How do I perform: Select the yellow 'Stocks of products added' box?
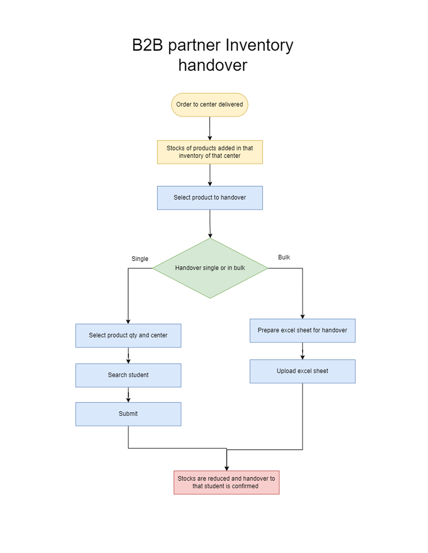(210, 152)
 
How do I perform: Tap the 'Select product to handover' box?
(210, 198)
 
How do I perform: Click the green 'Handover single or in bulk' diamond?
(210, 268)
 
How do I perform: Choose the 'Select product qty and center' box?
(128, 335)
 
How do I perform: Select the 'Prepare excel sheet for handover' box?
(302, 330)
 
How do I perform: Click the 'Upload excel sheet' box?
(302, 371)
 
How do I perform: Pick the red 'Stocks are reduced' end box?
(226, 482)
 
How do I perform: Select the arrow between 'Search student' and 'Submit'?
(128, 394)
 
